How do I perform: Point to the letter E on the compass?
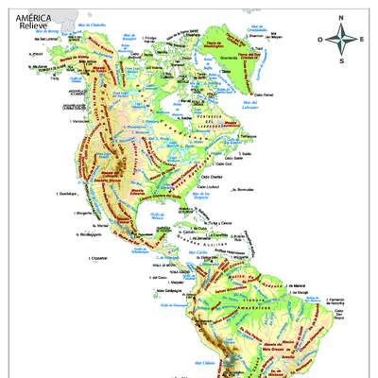tap(360, 40)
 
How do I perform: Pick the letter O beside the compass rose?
tap(320, 40)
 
